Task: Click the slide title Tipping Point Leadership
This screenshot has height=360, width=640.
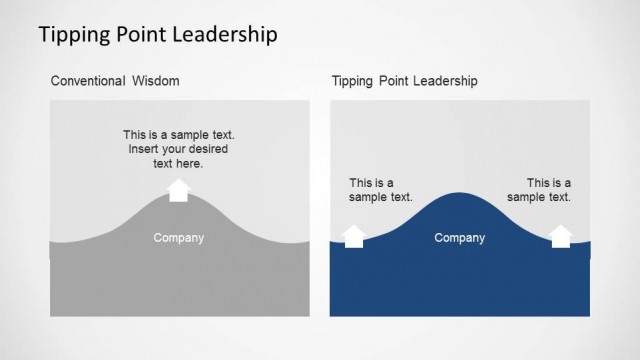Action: (x=158, y=36)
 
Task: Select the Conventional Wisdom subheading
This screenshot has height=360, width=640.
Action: (x=115, y=80)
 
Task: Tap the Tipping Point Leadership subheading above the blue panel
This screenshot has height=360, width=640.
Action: (x=404, y=80)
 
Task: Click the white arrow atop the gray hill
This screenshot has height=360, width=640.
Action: (x=178, y=190)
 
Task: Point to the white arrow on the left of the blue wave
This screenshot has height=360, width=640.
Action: (x=354, y=236)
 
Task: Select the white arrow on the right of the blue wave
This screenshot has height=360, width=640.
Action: (x=561, y=236)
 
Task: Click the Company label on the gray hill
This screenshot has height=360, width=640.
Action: (x=178, y=238)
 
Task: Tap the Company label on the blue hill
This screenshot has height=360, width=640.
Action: (x=459, y=238)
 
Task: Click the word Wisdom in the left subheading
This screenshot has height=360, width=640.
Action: (x=156, y=80)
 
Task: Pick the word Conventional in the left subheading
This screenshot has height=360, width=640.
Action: (x=87, y=80)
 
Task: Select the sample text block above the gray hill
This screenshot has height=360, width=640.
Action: (x=178, y=149)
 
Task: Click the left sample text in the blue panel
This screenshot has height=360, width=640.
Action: (x=380, y=190)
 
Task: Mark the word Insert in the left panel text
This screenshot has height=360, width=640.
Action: (x=144, y=149)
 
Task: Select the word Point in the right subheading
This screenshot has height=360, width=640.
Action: (x=395, y=80)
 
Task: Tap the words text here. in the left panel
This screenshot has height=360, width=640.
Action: (x=178, y=163)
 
